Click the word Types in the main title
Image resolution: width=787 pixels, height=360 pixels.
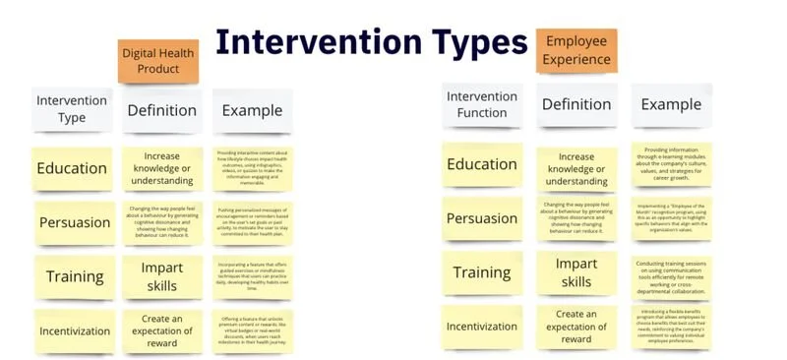coord(459,42)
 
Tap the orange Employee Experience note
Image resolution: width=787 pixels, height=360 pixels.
coord(576,50)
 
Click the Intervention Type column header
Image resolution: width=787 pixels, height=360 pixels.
coord(72,109)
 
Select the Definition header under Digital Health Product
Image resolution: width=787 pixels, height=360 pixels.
coord(162,110)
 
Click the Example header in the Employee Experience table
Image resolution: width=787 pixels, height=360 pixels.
coord(672,104)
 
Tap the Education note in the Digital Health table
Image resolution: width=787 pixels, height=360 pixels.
coord(72,168)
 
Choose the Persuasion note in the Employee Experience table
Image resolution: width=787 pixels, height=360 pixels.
coord(482,217)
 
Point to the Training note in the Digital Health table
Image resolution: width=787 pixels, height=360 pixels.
coord(75,276)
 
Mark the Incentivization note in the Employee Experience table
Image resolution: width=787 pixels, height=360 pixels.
coord(482,326)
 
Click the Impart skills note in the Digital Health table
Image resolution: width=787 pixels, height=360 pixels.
coord(162,275)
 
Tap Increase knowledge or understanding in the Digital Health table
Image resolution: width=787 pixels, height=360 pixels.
coord(162,169)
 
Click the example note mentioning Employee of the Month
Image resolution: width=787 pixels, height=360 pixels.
coord(673,217)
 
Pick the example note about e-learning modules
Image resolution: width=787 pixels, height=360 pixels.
coord(673,163)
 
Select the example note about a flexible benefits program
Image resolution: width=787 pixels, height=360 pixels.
coord(673,326)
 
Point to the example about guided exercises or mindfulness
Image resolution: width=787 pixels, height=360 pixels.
coord(252,277)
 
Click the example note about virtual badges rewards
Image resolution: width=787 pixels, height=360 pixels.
coord(252,330)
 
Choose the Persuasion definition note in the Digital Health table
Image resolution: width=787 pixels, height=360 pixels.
coord(162,223)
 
